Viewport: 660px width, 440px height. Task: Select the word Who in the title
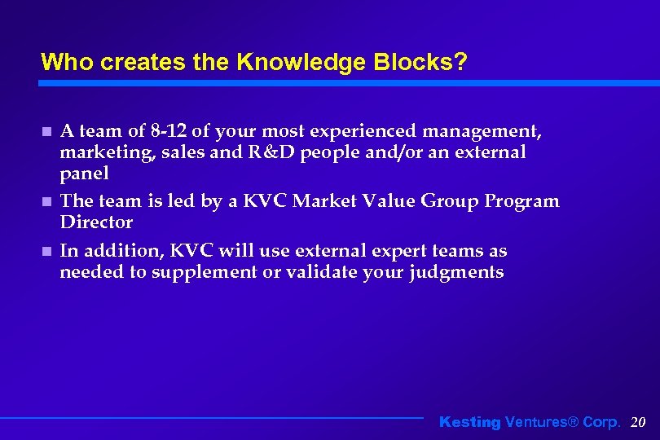point(62,62)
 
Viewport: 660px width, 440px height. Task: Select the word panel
point(84,174)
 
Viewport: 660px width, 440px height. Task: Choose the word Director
point(96,222)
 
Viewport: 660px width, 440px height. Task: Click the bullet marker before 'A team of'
point(46,132)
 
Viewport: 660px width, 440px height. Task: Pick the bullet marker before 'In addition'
point(46,252)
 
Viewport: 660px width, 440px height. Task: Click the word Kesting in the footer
point(469,422)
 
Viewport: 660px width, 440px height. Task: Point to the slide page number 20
point(638,422)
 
